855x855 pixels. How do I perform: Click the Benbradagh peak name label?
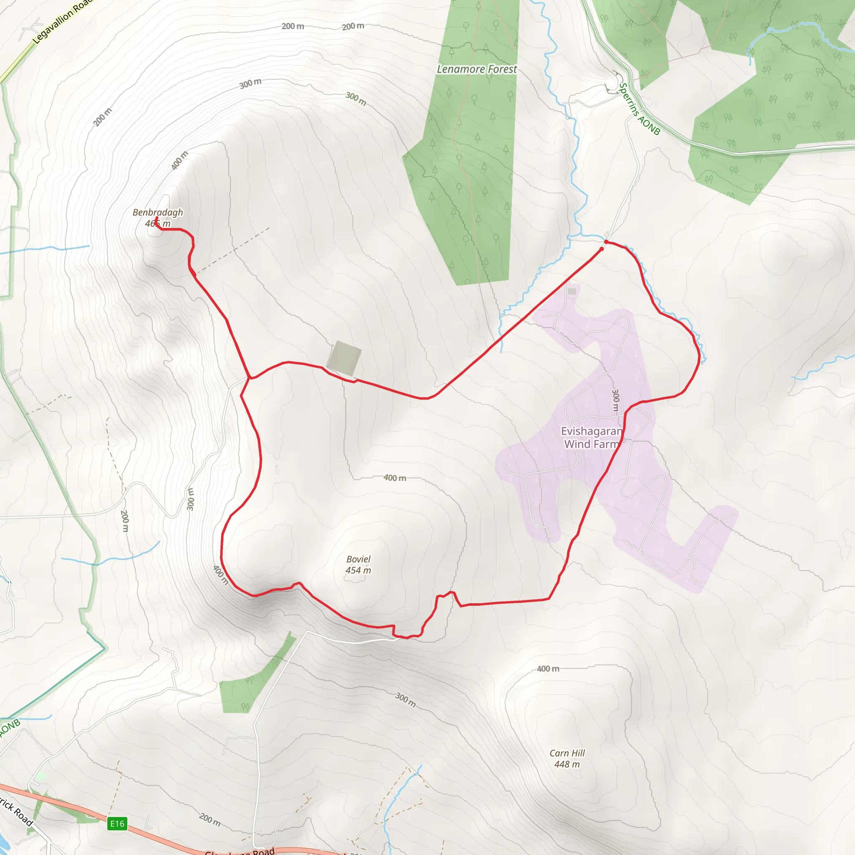[x=157, y=212]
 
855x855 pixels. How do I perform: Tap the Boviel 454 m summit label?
[x=358, y=565]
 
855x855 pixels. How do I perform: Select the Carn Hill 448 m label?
[x=567, y=759]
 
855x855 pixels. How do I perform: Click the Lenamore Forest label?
[x=477, y=69]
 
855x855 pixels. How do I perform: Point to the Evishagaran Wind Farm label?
[x=591, y=438]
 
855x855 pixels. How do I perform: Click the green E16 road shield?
[x=117, y=824]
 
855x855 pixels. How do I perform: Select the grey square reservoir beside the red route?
[x=344, y=358]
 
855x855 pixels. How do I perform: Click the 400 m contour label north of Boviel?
[x=394, y=478]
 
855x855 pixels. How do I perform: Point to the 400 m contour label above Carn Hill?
[x=548, y=669]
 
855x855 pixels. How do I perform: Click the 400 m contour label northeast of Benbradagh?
[x=180, y=160]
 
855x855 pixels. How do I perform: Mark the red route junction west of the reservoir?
[x=250, y=378]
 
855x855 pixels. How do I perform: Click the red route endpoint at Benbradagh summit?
[x=157, y=218]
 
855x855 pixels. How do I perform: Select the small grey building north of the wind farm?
[x=572, y=291]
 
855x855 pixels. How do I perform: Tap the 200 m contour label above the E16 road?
[x=209, y=819]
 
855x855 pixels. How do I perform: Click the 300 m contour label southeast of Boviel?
[x=405, y=700]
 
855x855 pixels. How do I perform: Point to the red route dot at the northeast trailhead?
[x=606, y=242]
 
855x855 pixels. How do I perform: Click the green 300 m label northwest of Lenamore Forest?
[x=356, y=98]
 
